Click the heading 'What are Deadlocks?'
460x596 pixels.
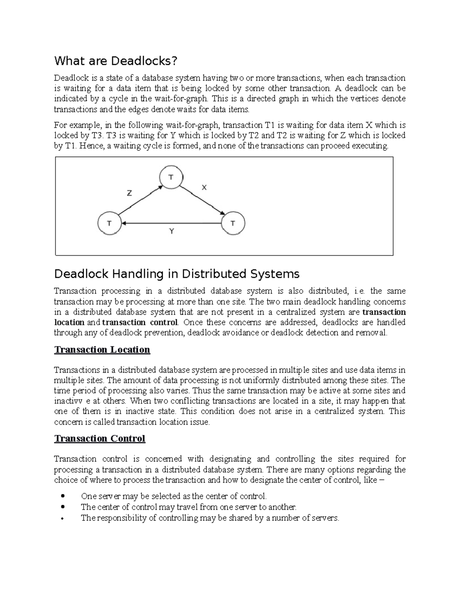(116, 61)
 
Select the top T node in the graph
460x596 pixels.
(171, 177)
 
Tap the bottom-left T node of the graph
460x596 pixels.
(110, 223)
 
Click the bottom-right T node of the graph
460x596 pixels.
(233, 223)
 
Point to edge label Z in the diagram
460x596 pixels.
(130, 193)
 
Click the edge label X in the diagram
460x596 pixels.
(204, 187)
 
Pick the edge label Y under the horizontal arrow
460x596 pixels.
(172, 231)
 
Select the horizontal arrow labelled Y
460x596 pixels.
(172, 223)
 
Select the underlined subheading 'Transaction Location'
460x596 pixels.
(102, 350)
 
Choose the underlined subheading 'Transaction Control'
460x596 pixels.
(100, 438)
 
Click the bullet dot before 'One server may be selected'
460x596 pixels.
(63, 496)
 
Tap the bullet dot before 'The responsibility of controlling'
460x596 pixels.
(63, 518)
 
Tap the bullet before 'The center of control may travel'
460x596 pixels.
(63, 507)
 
